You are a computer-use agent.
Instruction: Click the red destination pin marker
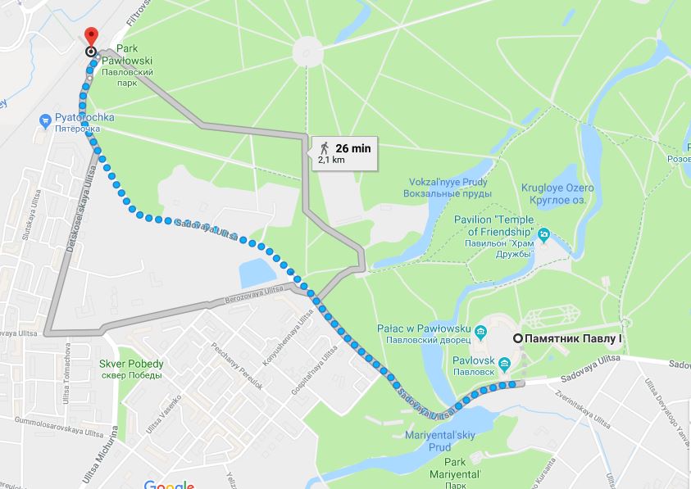[90, 37]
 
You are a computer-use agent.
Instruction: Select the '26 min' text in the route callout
[353, 148]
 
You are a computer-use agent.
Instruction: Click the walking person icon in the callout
[325, 148]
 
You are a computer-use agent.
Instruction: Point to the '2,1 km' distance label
[332, 161]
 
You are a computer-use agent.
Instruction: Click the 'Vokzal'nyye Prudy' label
[447, 188]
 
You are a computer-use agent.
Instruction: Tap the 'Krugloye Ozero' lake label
[557, 192]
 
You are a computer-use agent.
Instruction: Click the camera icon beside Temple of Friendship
[543, 237]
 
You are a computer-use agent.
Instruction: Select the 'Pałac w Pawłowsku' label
[422, 333]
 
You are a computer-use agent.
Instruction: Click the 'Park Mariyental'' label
[466, 468]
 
